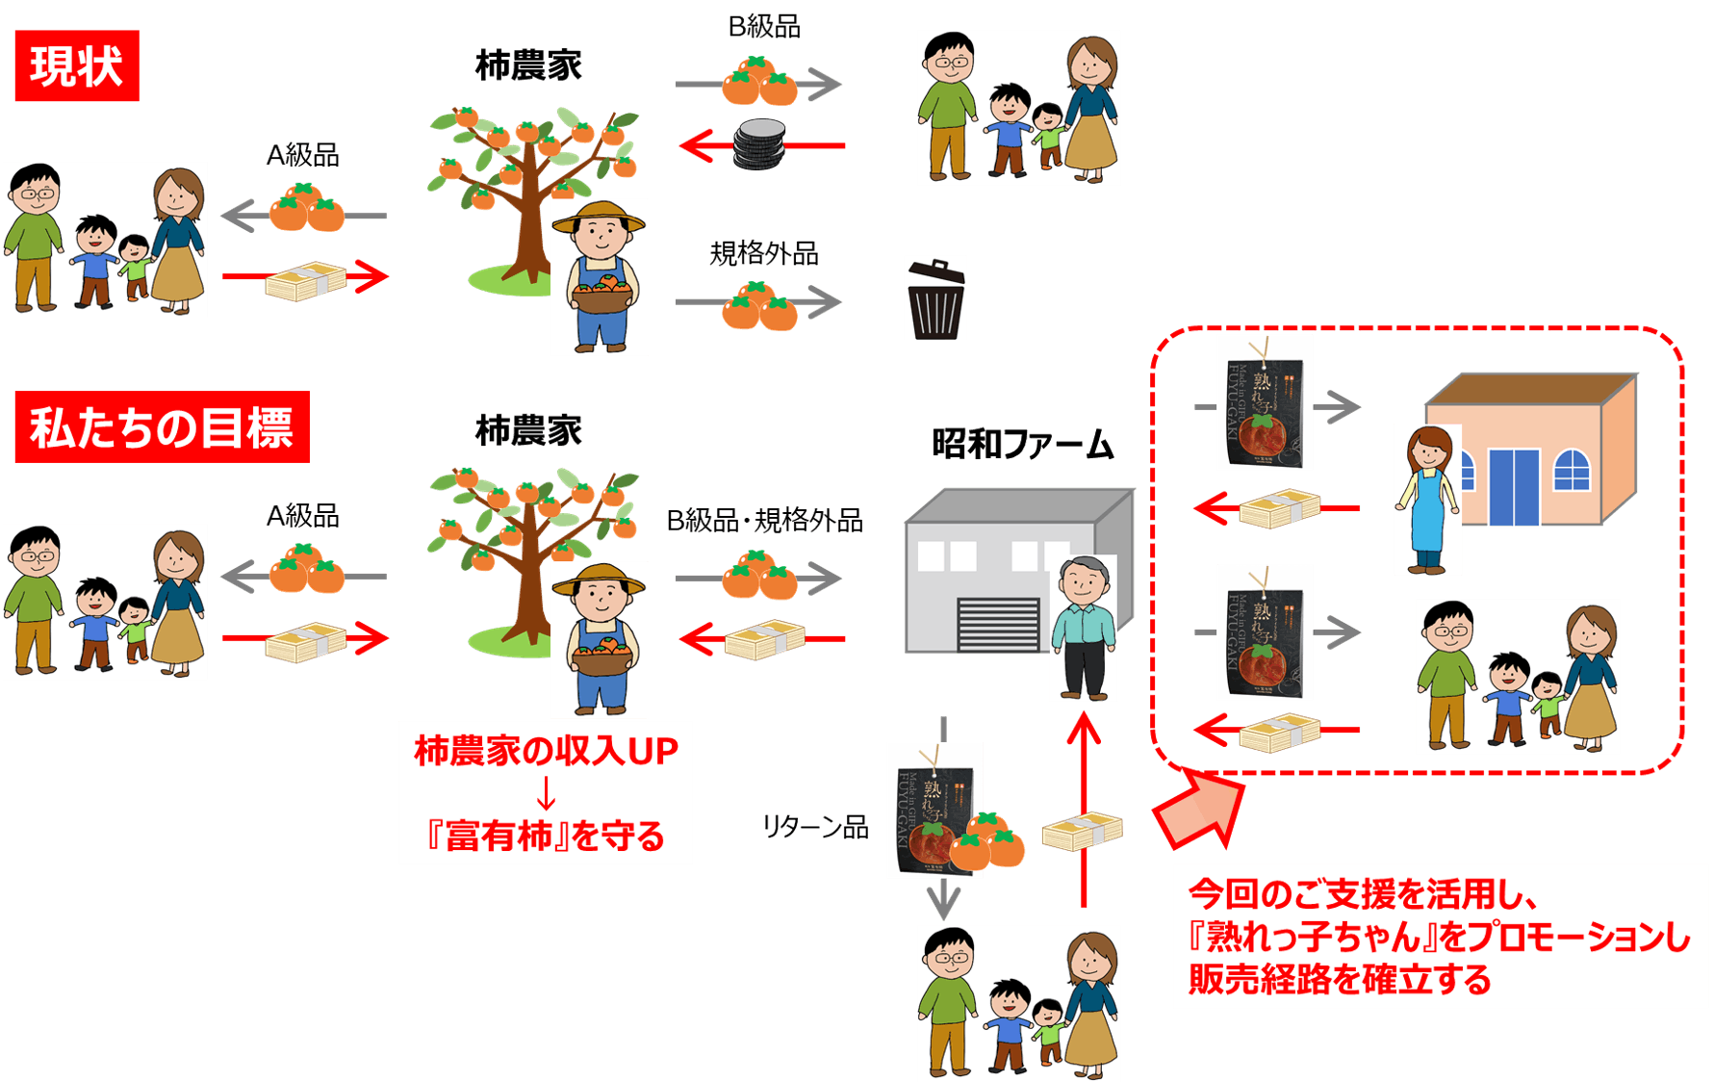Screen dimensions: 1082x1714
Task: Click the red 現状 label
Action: (77, 65)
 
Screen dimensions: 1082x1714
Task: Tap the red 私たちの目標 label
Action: (162, 427)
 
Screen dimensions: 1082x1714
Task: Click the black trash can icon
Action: (934, 298)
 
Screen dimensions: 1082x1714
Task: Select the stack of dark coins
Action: (759, 144)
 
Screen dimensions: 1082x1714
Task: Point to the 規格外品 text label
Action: (763, 254)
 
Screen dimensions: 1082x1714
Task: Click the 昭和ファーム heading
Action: (1022, 445)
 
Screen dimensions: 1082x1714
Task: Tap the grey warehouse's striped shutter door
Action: (998, 625)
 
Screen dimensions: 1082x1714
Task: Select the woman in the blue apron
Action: (1428, 500)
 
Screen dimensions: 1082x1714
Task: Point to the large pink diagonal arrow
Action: (1198, 809)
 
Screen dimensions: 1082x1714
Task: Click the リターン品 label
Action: (815, 827)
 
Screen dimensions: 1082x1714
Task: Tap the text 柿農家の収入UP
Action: (546, 751)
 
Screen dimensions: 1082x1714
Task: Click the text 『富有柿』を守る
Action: (546, 836)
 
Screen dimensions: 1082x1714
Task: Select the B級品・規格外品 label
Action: (764, 521)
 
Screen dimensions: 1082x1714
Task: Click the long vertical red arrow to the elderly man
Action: (1084, 809)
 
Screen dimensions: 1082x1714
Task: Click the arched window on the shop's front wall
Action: (1572, 470)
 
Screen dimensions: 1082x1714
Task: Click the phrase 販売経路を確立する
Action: (1340, 980)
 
